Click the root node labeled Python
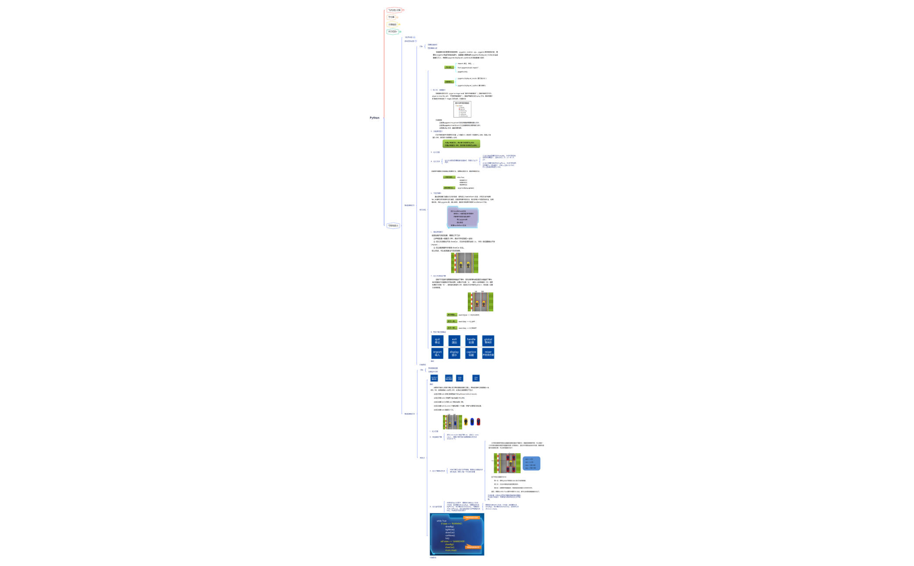374,118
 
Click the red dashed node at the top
394,10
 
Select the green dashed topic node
393,31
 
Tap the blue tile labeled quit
437,340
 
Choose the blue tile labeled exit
454,340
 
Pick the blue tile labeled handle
471,340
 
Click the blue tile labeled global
488,340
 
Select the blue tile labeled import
437,353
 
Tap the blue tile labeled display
454,353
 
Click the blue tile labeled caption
471,353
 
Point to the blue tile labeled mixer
488,353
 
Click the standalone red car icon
478,421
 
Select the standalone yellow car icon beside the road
466,421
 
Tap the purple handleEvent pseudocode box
463,218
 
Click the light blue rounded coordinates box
531,463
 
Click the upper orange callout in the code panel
471,518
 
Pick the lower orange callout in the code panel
473,547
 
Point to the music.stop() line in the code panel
451,550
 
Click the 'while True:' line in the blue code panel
441,521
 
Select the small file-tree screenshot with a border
462,109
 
